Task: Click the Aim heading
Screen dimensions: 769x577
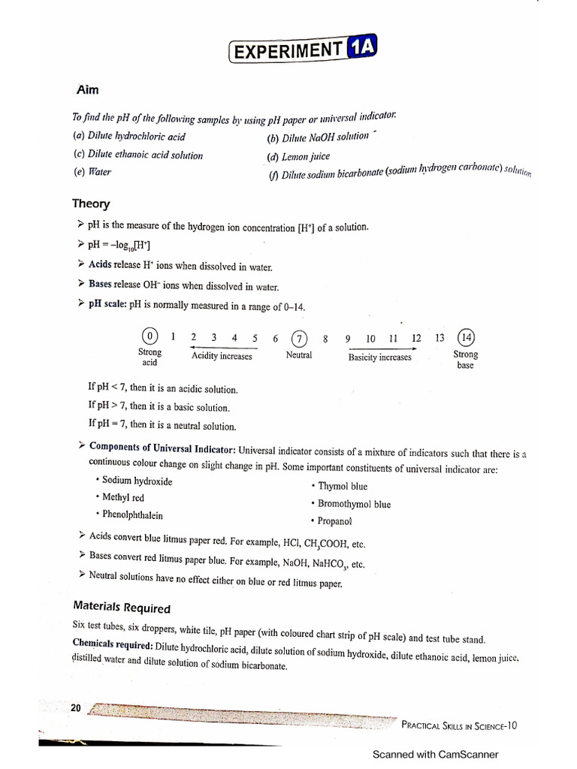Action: (x=87, y=89)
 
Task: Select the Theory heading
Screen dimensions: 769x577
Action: (x=91, y=204)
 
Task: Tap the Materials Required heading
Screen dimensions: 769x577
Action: (x=122, y=608)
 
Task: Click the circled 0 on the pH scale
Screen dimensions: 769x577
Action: (x=150, y=336)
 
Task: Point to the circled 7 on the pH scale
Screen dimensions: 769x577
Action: (x=299, y=337)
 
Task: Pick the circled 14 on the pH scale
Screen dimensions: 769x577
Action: (x=466, y=337)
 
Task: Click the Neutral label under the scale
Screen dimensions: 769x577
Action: (x=299, y=355)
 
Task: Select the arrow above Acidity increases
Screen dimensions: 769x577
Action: (x=224, y=348)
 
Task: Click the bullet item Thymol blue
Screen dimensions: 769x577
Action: (x=343, y=486)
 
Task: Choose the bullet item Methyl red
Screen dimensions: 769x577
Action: (x=122, y=497)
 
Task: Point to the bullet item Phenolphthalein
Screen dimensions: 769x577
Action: (x=131, y=515)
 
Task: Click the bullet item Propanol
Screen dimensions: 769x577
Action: (x=334, y=520)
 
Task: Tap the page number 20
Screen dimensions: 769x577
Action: (x=76, y=708)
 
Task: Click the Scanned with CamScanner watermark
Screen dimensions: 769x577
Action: (x=435, y=755)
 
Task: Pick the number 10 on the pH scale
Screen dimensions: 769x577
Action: (x=370, y=338)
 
